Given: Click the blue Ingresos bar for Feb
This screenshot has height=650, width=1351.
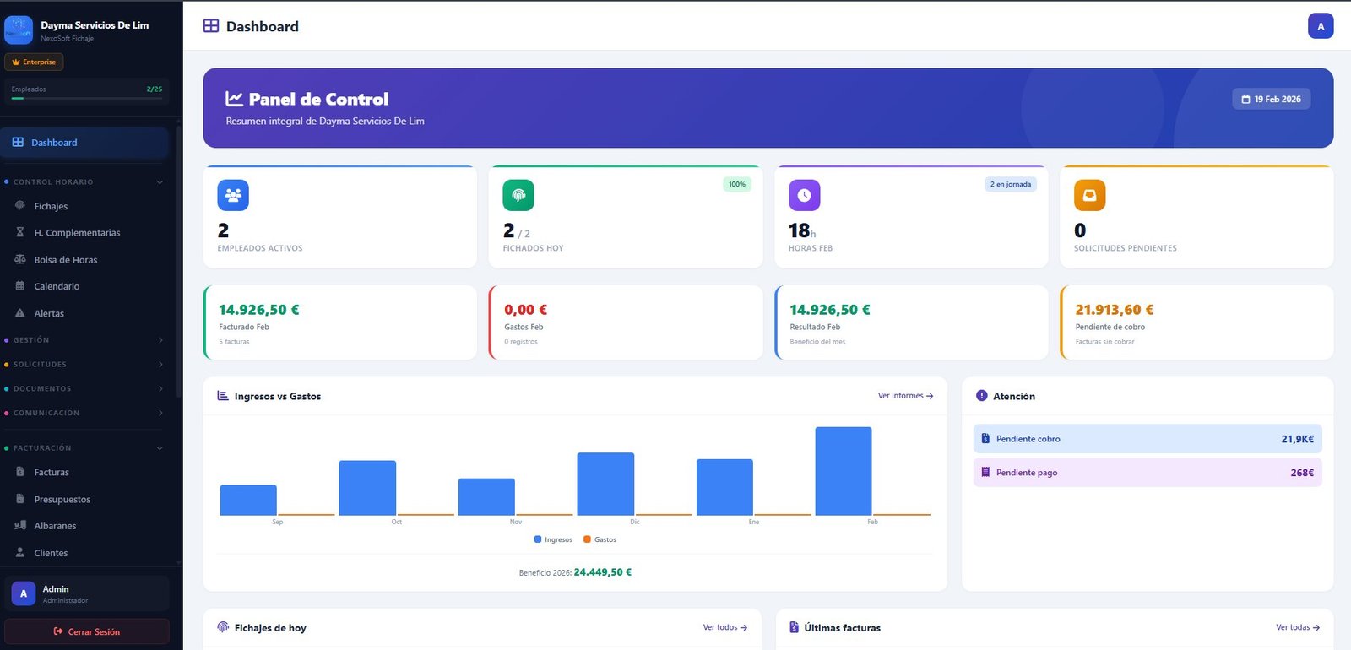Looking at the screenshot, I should click(843, 471).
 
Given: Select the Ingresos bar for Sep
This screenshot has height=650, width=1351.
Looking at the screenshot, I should click(248, 500).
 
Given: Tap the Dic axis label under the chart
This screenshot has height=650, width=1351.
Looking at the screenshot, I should click(635, 522).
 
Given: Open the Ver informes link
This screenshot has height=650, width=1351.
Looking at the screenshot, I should click(905, 396).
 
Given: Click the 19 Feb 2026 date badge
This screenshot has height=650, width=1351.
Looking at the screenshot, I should click(1271, 100).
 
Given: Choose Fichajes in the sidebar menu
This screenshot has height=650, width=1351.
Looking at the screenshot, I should click(51, 206).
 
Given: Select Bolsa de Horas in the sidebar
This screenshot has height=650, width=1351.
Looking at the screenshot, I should click(65, 260).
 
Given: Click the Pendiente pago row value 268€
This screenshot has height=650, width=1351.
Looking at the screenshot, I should click(1301, 473).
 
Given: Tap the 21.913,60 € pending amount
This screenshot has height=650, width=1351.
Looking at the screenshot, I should click(1114, 310).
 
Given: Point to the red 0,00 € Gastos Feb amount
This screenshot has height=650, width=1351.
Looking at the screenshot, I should click(525, 310).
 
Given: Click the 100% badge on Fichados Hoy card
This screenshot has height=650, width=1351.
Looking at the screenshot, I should click(736, 184).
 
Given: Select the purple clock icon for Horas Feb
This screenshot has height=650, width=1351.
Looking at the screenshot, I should click(804, 195).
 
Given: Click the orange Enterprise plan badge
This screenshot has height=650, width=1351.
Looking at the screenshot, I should click(34, 62).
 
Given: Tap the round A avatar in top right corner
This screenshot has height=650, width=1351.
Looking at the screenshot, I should click(1321, 26).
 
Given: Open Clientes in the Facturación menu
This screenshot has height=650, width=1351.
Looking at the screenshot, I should click(51, 553).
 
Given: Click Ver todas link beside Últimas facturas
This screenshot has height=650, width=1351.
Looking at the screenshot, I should click(1297, 627).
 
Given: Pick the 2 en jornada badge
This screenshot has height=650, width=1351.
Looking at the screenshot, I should click(1011, 184).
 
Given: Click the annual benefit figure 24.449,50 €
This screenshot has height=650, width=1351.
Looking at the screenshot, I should click(602, 572).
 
